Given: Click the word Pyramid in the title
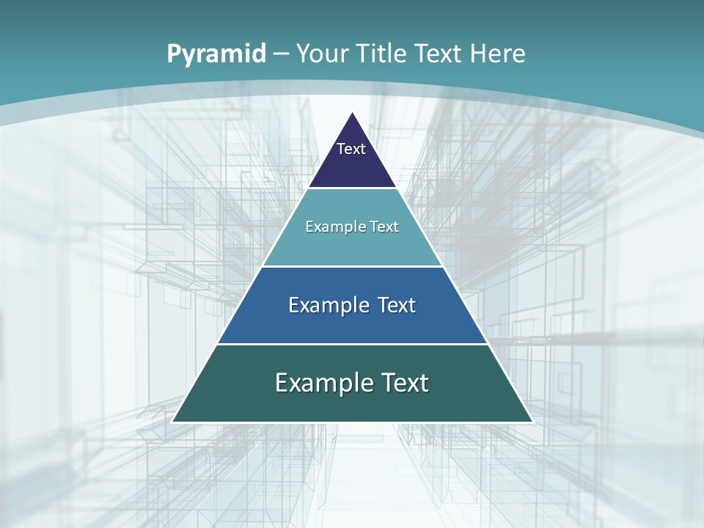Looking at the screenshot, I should [216, 54].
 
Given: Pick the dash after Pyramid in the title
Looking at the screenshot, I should [280, 54].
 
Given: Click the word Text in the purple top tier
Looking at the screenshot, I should [351, 149].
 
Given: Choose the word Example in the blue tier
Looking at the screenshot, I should [329, 305].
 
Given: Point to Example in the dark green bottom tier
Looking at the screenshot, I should [320, 383].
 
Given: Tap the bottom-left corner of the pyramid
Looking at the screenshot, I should [173, 422].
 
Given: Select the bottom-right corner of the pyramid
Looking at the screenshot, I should [532, 422].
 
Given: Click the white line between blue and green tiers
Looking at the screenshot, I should [352, 344].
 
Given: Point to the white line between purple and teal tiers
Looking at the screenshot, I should [352, 188].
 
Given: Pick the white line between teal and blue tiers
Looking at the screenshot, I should [352, 266].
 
